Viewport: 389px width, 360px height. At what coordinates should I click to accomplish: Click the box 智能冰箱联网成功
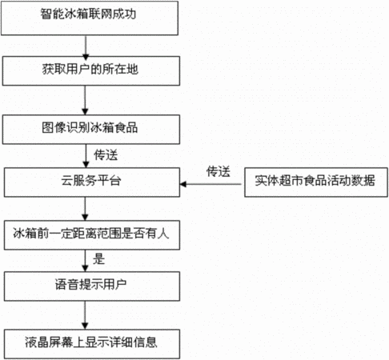(x=90, y=18)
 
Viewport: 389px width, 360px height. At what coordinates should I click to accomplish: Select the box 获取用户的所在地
(x=91, y=70)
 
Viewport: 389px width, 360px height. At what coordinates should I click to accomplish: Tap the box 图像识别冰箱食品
(x=91, y=130)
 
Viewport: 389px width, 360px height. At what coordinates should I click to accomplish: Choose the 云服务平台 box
(x=92, y=182)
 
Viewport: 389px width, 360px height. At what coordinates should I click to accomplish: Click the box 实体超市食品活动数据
(x=316, y=182)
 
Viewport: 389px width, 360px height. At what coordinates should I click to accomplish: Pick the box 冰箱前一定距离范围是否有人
(x=92, y=235)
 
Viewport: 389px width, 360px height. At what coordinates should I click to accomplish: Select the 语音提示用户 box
(x=92, y=286)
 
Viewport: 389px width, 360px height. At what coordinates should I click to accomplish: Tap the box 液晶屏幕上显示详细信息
(x=92, y=344)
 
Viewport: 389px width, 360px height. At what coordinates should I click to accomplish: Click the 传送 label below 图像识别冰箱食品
(x=106, y=155)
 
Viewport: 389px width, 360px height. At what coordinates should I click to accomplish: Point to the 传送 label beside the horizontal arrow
(x=219, y=171)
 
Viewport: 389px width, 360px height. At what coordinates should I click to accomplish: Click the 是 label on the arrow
(x=98, y=259)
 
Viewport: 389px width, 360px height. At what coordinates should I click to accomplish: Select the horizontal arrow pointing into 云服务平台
(x=211, y=184)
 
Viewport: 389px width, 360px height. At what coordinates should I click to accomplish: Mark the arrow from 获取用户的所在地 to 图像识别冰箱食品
(x=85, y=100)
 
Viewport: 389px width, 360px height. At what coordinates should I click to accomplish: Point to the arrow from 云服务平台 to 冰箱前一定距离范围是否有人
(x=85, y=209)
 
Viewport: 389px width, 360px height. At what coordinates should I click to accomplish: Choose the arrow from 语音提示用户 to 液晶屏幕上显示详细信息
(x=85, y=315)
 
